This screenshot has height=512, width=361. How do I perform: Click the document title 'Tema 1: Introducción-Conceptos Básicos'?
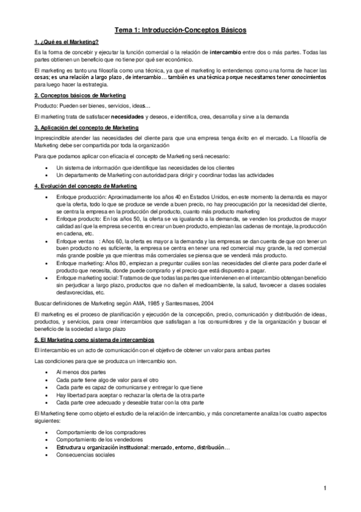coord(180,30)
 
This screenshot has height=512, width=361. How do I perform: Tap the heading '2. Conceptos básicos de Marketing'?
coord(80,96)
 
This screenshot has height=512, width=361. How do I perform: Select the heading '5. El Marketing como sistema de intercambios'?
coord(94,340)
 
